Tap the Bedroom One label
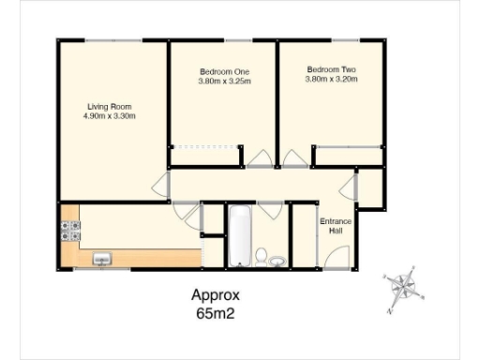224,71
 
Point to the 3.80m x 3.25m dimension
224,82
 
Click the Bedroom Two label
331,69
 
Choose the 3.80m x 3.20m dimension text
331,80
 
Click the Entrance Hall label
335,226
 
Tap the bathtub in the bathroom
239,235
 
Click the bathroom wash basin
277,260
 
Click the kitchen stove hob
69,232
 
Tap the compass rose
404,286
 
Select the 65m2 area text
215,313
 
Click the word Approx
216,294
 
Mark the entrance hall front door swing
337,256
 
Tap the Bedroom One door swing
256,157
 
